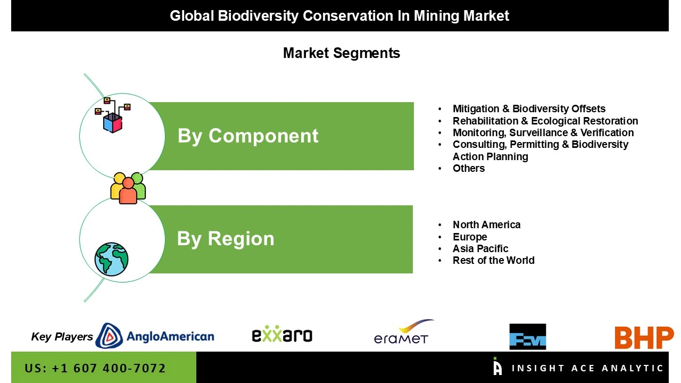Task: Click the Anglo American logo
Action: pos(155,336)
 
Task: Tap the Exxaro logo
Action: pos(282,335)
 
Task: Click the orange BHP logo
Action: pos(644,338)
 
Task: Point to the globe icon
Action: pos(112,259)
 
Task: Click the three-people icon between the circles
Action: pos(128,188)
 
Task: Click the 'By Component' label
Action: pos(248,136)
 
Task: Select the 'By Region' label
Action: pos(226,239)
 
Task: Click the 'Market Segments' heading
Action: pos(342,53)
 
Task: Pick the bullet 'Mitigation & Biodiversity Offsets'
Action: pos(529,109)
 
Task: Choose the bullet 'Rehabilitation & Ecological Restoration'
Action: pos(545,121)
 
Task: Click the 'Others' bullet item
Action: pos(469,168)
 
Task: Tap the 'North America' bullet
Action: pos(486,224)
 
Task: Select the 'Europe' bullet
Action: pos(470,237)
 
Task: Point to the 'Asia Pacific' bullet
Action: pos(480,248)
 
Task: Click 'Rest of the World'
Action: pos(493,260)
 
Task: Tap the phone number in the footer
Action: pos(95,368)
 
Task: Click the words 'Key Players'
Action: pos(62,337)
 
